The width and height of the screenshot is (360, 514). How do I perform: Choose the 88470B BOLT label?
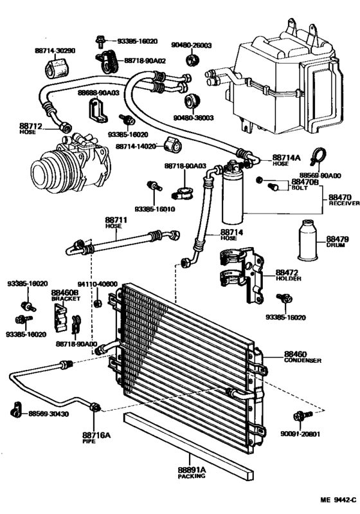298,185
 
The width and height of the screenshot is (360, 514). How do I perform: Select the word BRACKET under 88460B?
64,298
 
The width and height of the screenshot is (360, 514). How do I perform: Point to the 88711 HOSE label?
117,223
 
